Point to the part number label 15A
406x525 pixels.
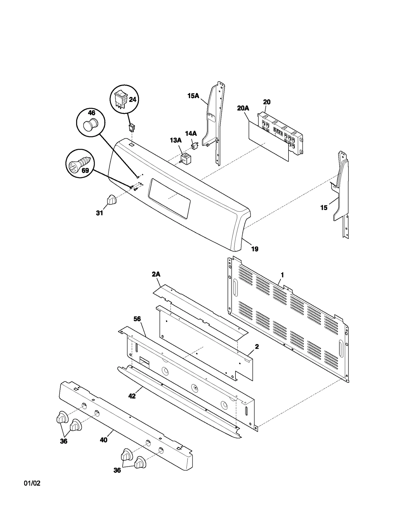193,96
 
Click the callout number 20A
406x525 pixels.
243,108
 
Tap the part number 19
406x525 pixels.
255,249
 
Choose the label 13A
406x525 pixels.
176,140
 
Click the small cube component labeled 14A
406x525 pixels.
195,146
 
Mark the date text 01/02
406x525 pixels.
32,491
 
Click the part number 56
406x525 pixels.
137,319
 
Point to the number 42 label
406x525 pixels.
132,396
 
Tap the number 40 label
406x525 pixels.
104,440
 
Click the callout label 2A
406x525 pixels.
156,274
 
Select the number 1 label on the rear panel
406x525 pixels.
282,275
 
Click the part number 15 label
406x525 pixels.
324,208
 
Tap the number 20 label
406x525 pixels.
267,102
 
